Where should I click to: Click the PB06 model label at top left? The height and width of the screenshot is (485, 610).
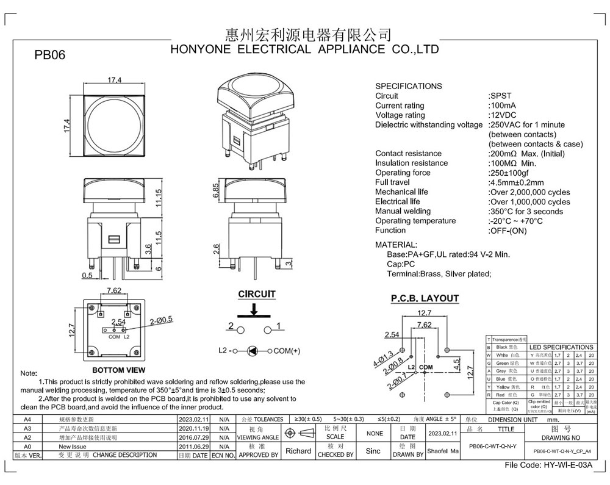(49, 55)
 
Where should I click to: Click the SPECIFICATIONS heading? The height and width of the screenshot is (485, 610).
(408, 86)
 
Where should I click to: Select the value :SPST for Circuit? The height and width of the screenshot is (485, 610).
(500, 96)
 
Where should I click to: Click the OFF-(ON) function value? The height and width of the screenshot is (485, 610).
(508, 231)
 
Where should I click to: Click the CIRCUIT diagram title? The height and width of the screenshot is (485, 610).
(256, 294)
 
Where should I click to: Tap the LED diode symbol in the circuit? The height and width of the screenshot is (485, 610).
(253, 351)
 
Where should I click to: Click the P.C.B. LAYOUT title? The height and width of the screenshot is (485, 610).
(425, 298)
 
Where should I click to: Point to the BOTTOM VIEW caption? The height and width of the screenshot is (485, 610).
(118, 370)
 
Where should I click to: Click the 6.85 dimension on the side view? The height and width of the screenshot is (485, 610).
(216, 192)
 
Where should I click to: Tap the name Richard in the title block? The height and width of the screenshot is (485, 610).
(298, 451)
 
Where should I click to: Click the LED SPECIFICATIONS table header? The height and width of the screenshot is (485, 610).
(561, 347)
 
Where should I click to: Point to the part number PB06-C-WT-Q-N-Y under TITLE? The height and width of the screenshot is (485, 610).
(492, 447)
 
